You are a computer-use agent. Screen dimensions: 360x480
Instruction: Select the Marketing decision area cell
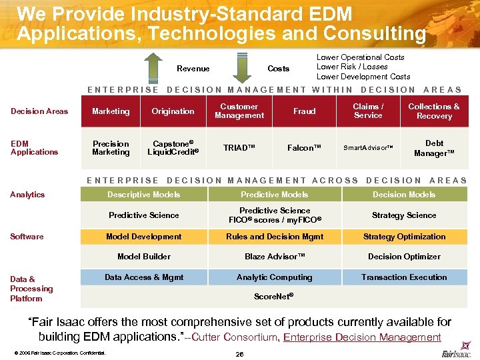[x=111, y=111]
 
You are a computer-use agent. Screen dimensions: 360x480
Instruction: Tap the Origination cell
[x=173, y=111]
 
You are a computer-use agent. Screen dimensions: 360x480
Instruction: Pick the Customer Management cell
[x=239, y=111]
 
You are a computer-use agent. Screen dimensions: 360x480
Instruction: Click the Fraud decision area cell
[x=305, y=111]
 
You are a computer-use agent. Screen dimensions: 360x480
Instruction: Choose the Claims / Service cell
[x=368, y=111]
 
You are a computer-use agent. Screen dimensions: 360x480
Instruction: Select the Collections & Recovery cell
[x=434, y=111]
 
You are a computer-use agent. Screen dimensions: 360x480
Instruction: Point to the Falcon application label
[x=305, y=148]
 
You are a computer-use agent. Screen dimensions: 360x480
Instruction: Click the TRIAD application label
[x=239, y=148]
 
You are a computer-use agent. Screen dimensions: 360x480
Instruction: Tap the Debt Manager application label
[x=434, y=148]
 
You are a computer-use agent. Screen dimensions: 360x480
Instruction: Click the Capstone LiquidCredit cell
[x=173, y=148]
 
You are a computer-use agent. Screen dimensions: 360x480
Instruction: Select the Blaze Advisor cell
[x=275, y=257]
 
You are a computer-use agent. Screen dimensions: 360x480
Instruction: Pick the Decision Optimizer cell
[x=404, y=257]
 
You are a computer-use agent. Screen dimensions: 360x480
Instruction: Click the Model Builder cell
[x=144, y=257]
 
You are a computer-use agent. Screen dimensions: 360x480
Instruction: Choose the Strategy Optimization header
[x=404, y=237]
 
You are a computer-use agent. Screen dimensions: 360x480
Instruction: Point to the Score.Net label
[x=274, y=296]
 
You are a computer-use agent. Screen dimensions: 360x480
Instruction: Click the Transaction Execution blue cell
[x=404, y=277]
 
